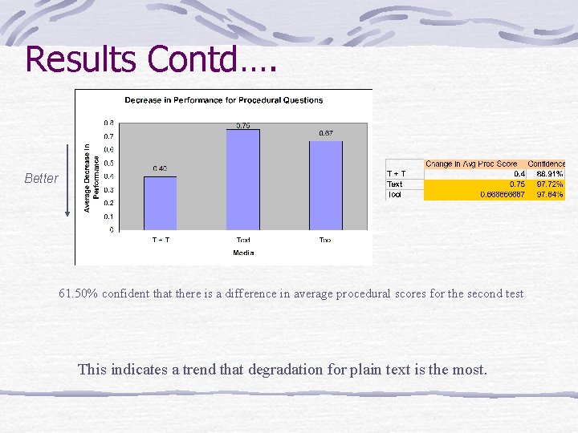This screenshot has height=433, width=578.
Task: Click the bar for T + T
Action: tap(160, 203)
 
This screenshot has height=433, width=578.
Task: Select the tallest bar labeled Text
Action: tap(243, 180)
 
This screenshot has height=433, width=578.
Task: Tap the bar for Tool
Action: tap(326, 185)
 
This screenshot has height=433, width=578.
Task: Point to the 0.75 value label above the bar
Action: tap(243, 125)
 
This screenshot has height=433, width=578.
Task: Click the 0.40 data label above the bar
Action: tap(160, 168)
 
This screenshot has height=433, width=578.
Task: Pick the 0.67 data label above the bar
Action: tap(326, 133)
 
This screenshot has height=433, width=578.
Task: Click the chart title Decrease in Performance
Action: tap(223, 100)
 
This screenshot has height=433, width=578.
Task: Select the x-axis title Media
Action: tap(243, 253)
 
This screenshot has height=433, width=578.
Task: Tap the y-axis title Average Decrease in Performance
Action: tap(92, 178)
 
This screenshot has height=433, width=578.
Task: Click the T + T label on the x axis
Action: tap(161, 240)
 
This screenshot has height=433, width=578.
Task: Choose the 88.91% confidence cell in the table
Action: tap(550, 174)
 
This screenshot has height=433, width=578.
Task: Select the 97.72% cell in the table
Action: tap(550, 184)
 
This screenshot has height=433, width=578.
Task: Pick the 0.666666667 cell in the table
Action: tap(503, 195)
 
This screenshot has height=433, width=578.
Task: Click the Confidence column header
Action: tap(547, 164)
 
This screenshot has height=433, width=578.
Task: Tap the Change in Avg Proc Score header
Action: tap(471, 164)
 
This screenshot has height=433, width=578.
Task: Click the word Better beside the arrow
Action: tap(41, 178)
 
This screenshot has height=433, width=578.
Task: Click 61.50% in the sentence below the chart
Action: tap(78, 293)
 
